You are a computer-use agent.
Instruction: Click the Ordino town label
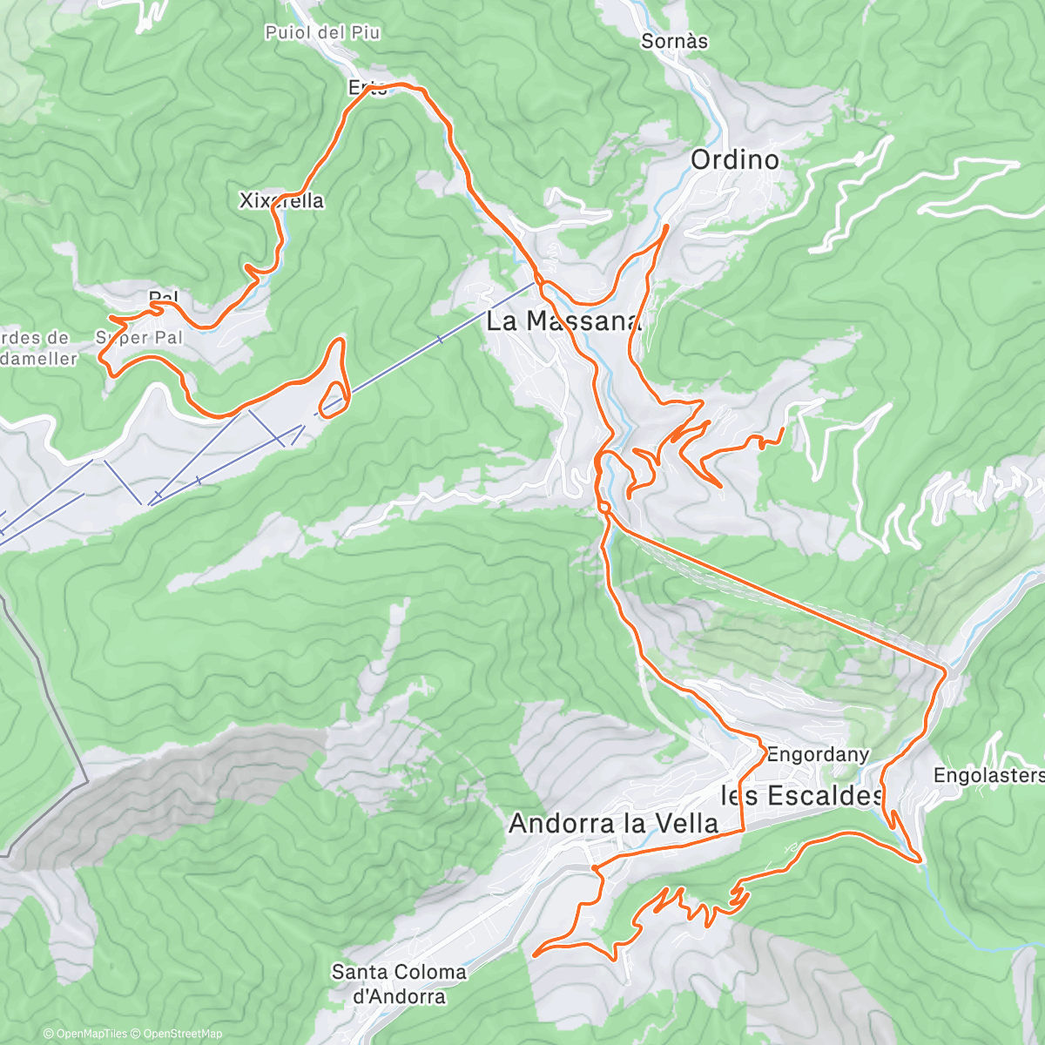(734, 159)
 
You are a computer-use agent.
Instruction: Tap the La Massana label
(562, 320)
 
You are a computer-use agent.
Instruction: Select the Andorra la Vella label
(613, 823)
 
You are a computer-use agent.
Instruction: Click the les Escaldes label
(801, 795)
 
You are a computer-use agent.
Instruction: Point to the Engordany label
(817, 755)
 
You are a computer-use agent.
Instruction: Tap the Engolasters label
(988, 775)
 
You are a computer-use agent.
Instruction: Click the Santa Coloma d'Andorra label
(399, 984)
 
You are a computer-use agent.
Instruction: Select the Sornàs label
(674, 41)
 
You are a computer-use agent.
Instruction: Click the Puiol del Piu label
(322, 33)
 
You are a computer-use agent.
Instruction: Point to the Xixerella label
(281, 201)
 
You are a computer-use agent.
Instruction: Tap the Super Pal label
(139, 337)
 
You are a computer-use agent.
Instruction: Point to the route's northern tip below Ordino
(667, 226)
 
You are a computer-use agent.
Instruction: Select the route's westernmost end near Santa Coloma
(533, 954)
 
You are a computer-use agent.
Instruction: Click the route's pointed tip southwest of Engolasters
(920, 860)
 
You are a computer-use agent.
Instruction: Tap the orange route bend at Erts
(401, 84)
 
